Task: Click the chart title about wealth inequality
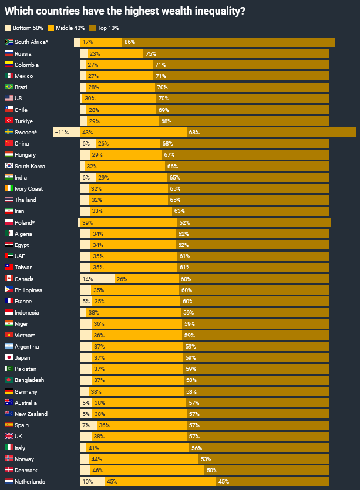[125, 11]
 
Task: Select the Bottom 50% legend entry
[24, 28]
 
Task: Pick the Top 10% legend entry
[107, 28]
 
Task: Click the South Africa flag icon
[9, 42]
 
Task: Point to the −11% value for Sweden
[61, 133]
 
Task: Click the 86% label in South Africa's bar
[130, 42]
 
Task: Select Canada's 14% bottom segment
[88, 279]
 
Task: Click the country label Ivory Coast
[29, 189]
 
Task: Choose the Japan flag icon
[9, 358]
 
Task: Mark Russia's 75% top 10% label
[150, 53]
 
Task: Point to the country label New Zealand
[31, 414]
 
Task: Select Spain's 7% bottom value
[86, 425]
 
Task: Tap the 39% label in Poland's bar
[88, 223]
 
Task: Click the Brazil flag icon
[9, 87]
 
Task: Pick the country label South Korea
[30, 167]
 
